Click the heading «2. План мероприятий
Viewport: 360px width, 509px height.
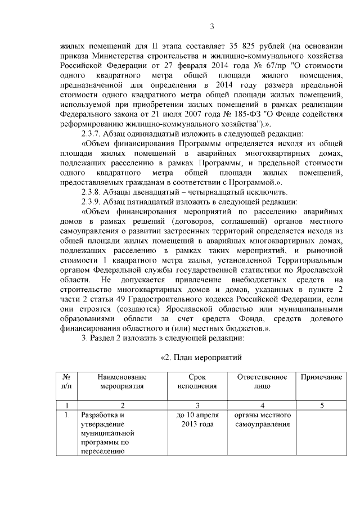click(201, 357)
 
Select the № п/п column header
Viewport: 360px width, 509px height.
click(66, 381)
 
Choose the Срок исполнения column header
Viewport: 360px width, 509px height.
click(197, 381)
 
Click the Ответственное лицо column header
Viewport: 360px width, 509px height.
click(262, 381)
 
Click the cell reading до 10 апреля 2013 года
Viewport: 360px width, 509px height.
click(197, 420)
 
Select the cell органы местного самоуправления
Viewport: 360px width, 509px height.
click(262, 420)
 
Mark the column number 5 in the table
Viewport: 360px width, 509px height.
click(321, 405)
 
